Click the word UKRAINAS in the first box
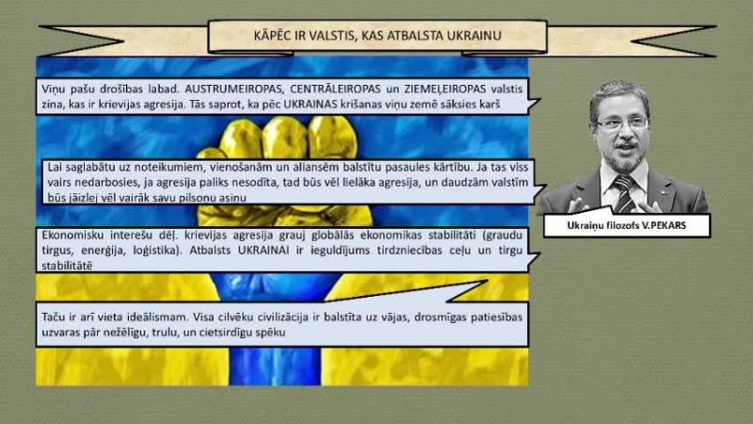point(311,105)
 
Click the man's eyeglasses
point(622,123)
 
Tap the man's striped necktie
point(624,193)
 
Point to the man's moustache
point(626,144)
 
